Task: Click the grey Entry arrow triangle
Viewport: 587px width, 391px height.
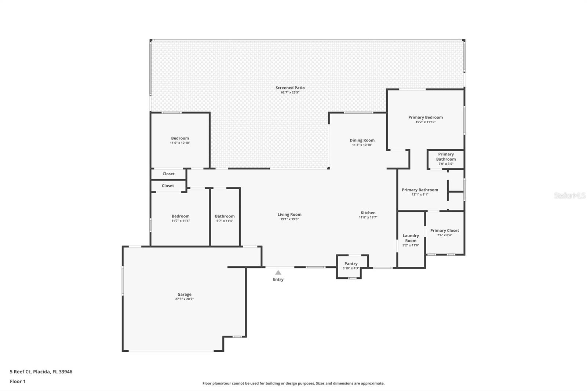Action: [x=278, y=273]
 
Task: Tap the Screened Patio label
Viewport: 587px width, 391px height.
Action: [x=290, y=88]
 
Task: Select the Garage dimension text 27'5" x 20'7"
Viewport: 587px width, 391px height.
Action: [x=185, y=299]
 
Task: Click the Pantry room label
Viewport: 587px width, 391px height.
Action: [x=351, y=264]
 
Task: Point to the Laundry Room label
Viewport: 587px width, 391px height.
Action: [x=411, y=238]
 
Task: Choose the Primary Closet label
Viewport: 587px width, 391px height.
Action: [x=444, y=230]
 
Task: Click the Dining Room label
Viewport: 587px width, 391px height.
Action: [x=362, y=140]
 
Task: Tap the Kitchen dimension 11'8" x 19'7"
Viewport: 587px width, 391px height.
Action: [x=368, y=217]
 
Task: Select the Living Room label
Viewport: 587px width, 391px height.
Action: [x=289, y=214]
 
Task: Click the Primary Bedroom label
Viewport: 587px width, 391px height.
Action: [x=425, y=117]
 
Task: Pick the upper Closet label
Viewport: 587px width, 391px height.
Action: [x=168, y=174]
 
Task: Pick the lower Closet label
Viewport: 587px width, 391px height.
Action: [x=168, y=186]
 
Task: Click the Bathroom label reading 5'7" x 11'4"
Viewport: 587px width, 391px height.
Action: [x=225, y=216]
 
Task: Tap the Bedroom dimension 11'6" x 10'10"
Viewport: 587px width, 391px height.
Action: [x=180, y=143]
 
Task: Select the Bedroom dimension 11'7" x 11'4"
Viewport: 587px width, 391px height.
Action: [x=181, y=221]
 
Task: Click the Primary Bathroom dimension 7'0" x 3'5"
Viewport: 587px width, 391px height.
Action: [x=446, y=164]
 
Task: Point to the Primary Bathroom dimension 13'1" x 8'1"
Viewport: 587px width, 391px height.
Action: [x=420, y=194]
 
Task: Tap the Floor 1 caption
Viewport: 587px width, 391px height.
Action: [x=18, y=381]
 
